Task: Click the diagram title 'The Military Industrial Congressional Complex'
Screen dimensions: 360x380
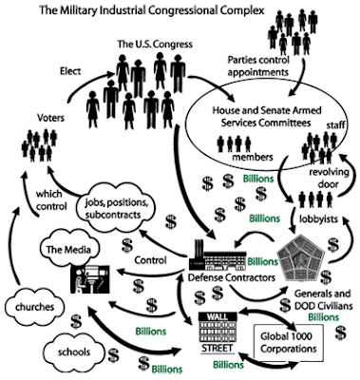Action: point(152,10)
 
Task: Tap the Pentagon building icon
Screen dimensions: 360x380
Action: point(300,258)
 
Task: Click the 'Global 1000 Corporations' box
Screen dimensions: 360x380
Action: point(289,343)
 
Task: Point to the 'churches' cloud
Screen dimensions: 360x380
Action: point(34,307)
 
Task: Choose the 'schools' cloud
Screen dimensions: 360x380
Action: point(74,351)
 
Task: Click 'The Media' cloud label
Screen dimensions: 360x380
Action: point(68,249)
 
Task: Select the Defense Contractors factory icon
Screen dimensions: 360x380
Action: point(218,255)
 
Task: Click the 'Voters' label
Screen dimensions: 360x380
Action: point(50,118)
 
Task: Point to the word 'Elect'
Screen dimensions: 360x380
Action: point(70,71)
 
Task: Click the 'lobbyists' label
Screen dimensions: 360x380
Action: point(318,218)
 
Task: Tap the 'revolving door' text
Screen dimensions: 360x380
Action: point(329,178)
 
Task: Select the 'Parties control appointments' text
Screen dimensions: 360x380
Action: point(258,66)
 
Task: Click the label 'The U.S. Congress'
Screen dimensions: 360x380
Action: point(155,44)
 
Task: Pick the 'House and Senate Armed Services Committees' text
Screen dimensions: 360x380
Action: point(267,116)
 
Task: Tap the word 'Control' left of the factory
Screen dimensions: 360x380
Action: point(150,260)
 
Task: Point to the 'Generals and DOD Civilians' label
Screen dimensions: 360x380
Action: point(323,299)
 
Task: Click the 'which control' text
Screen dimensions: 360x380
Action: point(51,199)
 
